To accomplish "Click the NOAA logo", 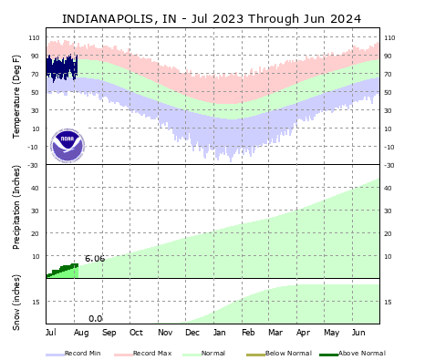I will [x=67, y=145].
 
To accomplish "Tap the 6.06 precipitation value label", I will [x=95, y=259].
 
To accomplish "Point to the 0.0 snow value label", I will [x=95, y=318].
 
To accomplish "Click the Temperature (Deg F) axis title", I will [x=16, y=96].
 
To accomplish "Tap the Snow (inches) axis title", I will [x=16, y=301].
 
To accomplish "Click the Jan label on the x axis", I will [x=220, y=334].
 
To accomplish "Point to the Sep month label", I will [x=109, y=334].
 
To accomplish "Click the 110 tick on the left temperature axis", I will [x=34, y=37].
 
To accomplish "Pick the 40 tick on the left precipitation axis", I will [x=36, y=189].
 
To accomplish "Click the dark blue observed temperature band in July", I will [x=62, y=67].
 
